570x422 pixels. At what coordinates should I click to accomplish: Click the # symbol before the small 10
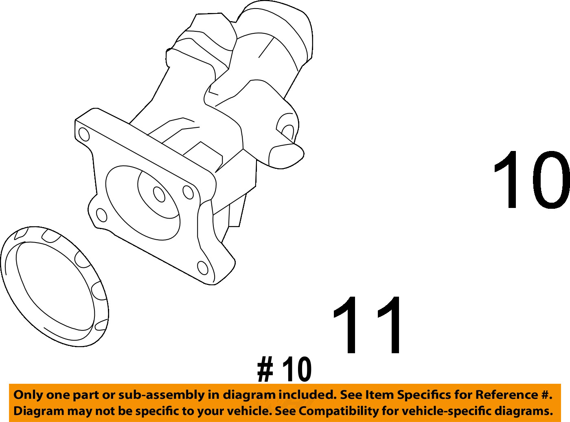265,370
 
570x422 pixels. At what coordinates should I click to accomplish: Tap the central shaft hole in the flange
159,194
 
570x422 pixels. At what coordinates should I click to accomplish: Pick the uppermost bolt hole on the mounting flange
83,134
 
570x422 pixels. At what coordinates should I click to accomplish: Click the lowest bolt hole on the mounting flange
202,267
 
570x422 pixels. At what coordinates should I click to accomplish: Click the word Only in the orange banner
28,395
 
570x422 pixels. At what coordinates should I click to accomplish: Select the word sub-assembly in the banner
161,395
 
